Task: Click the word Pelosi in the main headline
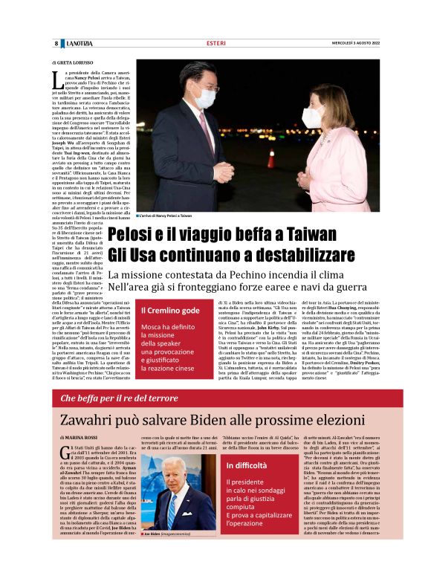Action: pyautogui.click(x=136, y=235)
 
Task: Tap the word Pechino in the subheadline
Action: pyautogui.click(x=276, y=275)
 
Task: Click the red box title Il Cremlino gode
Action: pyautogui.click(x=169, y=310)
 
